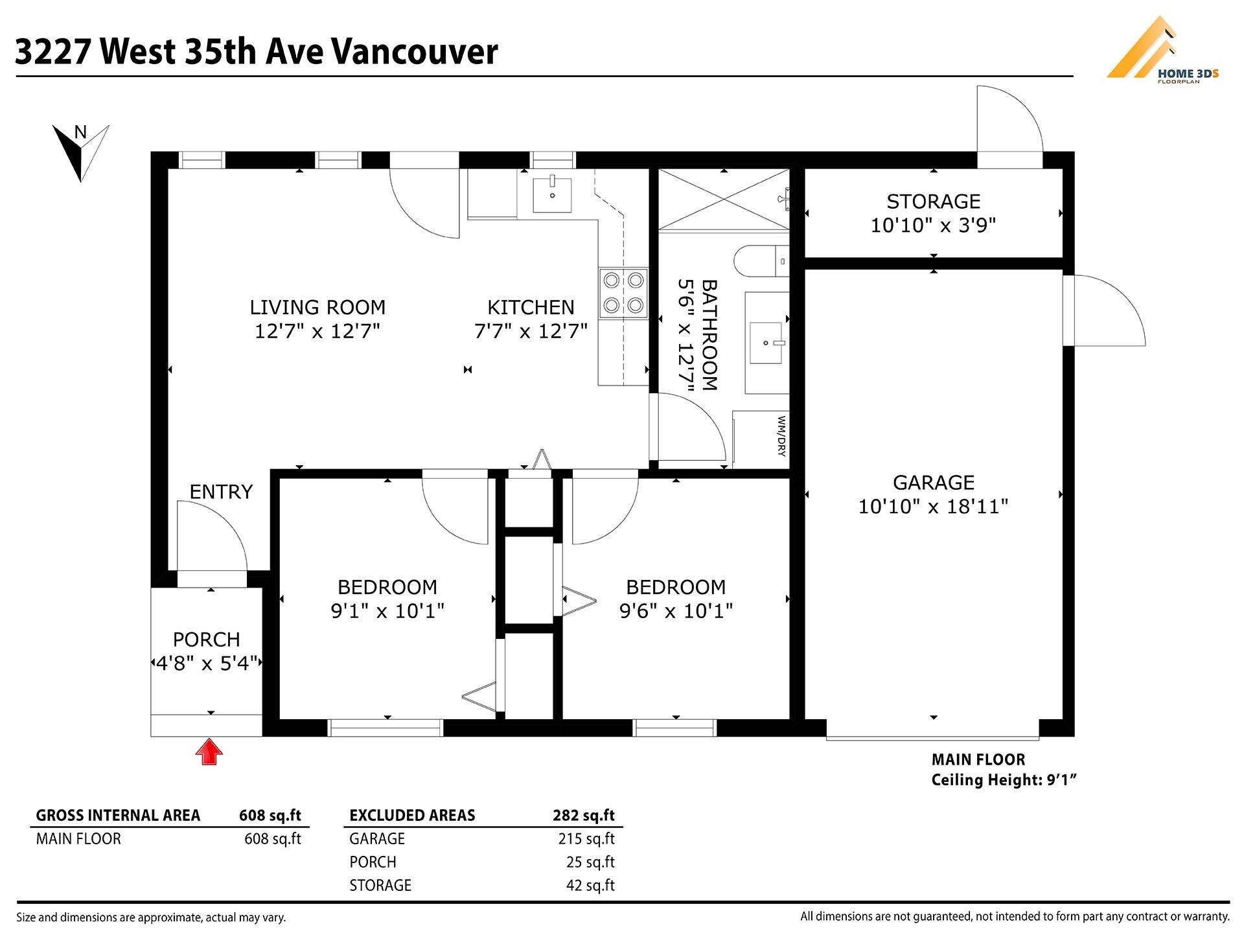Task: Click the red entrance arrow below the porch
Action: pyautogui.click(x=209, y=752)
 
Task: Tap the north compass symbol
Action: pyautogui.click(x=80, y=152)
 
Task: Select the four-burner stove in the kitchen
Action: pyautogui.click(x=623, y=293)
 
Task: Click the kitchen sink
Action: pyautogui.click(x=552, y=194)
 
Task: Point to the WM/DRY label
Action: pyautogui.click(x=781, y=435)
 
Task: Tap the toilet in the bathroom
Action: pyautogui.click(x=761, y=262)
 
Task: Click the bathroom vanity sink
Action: pyautogui.click(x=766, y=343)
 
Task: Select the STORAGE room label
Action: pyautogui.click(x=933, y=202)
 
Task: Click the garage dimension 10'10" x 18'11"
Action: pyautogui.click(x=933, y=506)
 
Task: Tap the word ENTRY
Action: pyautogui.click(x=221, y=492)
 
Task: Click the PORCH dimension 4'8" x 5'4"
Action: pyautogui.click(x=207, y=663)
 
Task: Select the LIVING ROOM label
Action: pyautogui.click(x=317, y=307)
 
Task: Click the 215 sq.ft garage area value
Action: pyautogui.click(x=586, y=838)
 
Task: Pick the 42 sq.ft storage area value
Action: pyautogui.click(x=590, y=885)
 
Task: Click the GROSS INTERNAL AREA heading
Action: pyautogui.click(x=118, y=815)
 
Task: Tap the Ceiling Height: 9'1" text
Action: pyautogui.click(x=1003, y=780)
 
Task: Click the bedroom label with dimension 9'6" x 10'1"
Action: pyautogui.click(x=676, y=587)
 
